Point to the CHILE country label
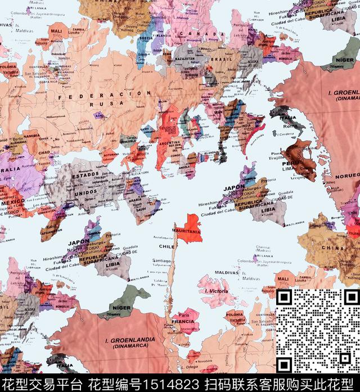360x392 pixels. pyautogui.click(x=166, y=246)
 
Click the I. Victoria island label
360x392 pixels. pyautogui.click(x=217, y=291)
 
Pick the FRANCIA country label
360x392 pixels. pyautogui.click(x=183, y=322)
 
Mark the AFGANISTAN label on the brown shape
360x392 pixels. pyautogui.click(x=52, y=231)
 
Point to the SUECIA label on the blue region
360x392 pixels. pyautogui.click(x=145, y=39)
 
